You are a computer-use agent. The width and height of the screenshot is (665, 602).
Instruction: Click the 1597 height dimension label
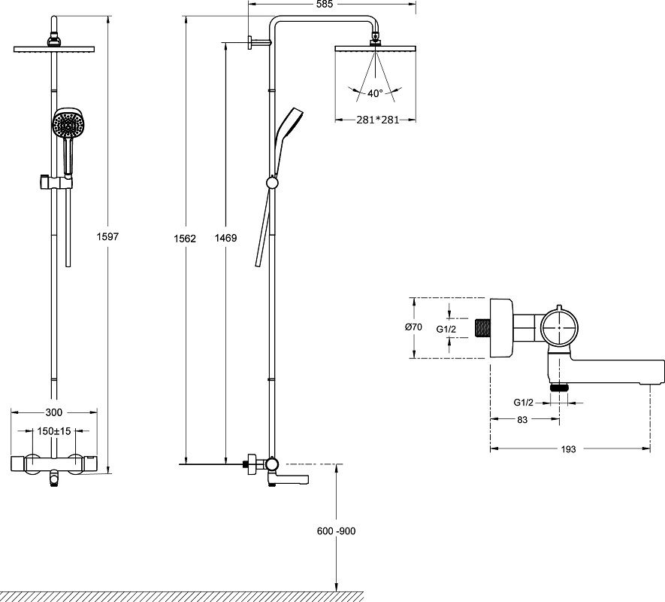pyautogui.click(x=108, y=236)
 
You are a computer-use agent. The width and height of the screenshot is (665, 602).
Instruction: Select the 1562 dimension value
pyautogui.click(x=185, y=239)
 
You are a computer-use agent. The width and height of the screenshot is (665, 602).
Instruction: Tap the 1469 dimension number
pyautogui.click(x=225, y=239)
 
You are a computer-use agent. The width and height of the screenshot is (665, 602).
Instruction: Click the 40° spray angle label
pyautogui.click(x=375, y=93)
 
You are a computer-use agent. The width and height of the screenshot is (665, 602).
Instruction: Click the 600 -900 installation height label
pyautogui.click(x=336, y=531)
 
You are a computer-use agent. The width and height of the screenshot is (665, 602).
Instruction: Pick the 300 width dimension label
pyautogui.click(x=53, y=412)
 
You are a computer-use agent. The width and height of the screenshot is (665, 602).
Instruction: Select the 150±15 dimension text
pyautogui.click(x=54, y=431)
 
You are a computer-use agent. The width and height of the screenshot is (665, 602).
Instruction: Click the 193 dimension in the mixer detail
pyautogui.click(x=568, y=448)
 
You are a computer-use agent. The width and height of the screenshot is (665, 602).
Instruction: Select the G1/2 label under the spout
pyautogui.click(x=524, y=403)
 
